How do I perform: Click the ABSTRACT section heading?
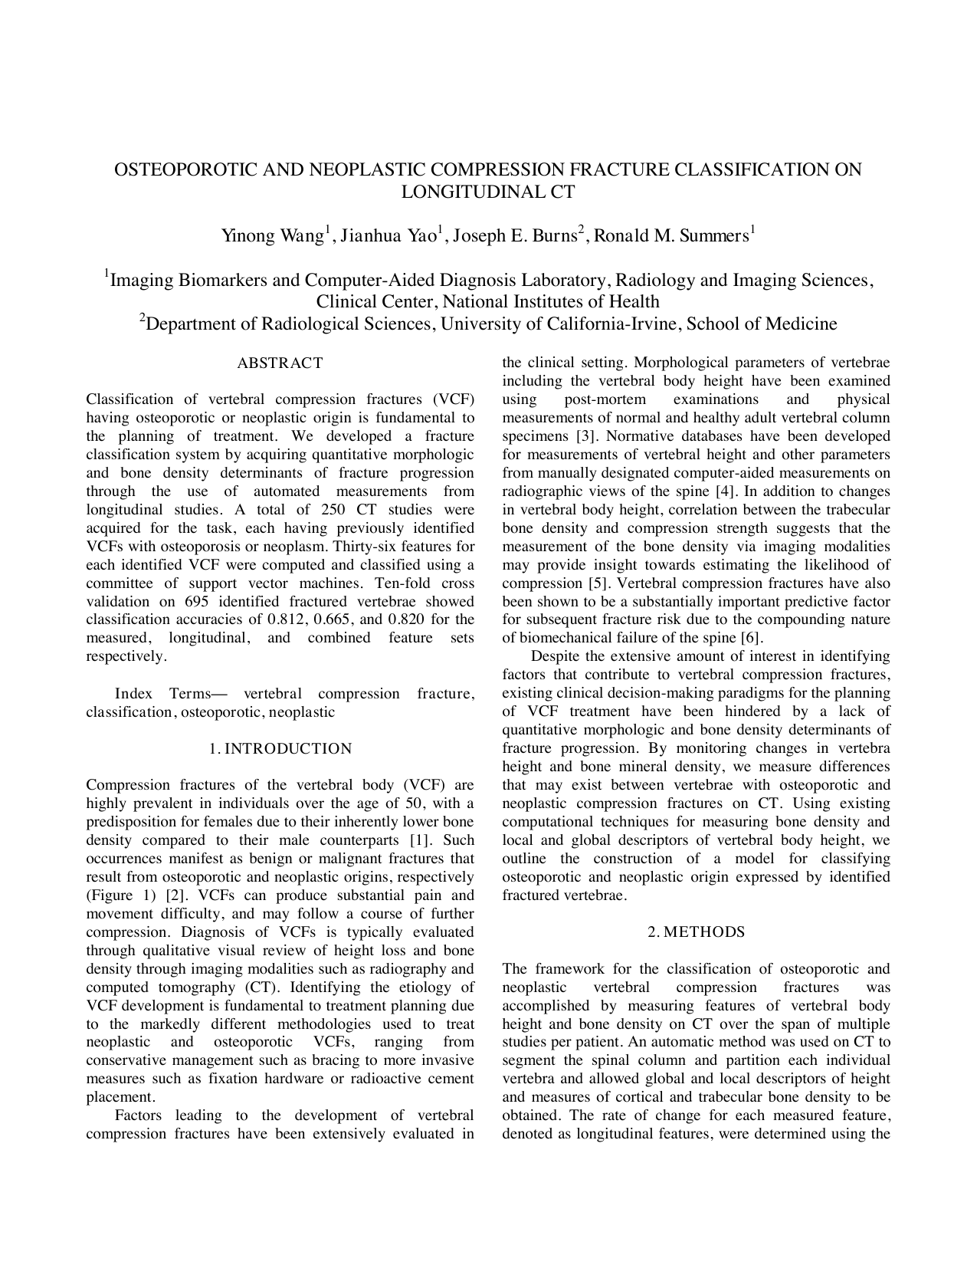coord(280,363)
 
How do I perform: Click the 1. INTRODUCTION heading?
coord(280,749)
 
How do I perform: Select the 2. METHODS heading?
coord(696,933)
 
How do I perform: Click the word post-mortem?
coord(605,399)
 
